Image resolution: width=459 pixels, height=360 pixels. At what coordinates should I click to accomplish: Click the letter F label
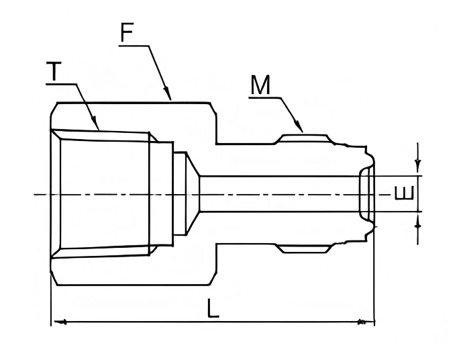coord(127,33)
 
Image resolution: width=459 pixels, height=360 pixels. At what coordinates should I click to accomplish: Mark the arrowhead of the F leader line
coord(170,97)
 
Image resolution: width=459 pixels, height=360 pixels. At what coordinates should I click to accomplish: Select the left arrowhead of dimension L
coord(58,323)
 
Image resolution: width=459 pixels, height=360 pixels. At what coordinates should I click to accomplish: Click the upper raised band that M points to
coord(305,138)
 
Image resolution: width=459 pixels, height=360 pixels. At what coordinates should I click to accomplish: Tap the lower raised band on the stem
coord(305,249)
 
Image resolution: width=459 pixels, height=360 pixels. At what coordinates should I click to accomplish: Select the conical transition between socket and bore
coord(193,194)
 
